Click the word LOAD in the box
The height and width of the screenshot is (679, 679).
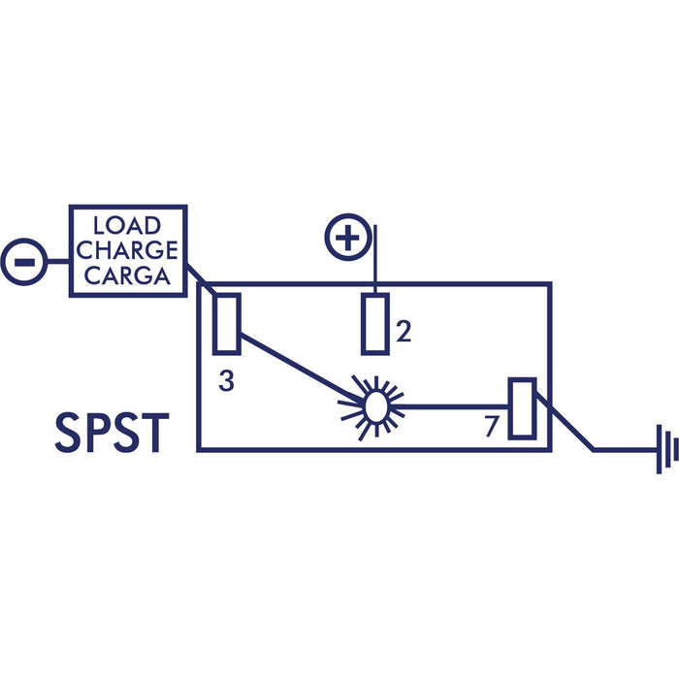click(x=127, y=225)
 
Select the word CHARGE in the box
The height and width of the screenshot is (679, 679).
click(x=127, y=250)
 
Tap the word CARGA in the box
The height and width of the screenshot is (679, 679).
click(x=127, y=275)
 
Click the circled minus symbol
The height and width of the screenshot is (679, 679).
click(x=24, y=262)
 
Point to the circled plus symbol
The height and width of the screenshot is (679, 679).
click(x=347, y=237)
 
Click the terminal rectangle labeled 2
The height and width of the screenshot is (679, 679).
click(x=375, y=324)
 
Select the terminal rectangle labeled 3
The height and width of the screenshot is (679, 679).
click(x=226, y=324)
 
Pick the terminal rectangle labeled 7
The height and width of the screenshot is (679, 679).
click(x=522, y=408)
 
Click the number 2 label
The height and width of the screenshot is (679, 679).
click(x=404, y=332)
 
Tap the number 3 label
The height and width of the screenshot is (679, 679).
click(x=226, y=381)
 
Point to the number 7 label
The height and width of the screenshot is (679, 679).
click(x=492, y=426)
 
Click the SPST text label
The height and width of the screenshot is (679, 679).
click(x=112, y=433)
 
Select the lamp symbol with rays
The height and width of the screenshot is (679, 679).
click(x=373, y=407)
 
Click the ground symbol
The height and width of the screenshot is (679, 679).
click(x=667, y=449)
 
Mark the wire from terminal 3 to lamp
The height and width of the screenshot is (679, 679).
click(x=302, y=368)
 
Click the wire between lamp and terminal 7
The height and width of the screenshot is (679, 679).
click(x=450, y=407)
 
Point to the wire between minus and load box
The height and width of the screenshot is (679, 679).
click(x=58, y=262)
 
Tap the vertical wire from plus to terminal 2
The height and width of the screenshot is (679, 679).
click(x=375, y=259)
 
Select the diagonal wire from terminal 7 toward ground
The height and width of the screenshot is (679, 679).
click(x=565, y=421)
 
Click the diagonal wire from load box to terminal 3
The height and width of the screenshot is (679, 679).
click(x=201, y=279)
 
